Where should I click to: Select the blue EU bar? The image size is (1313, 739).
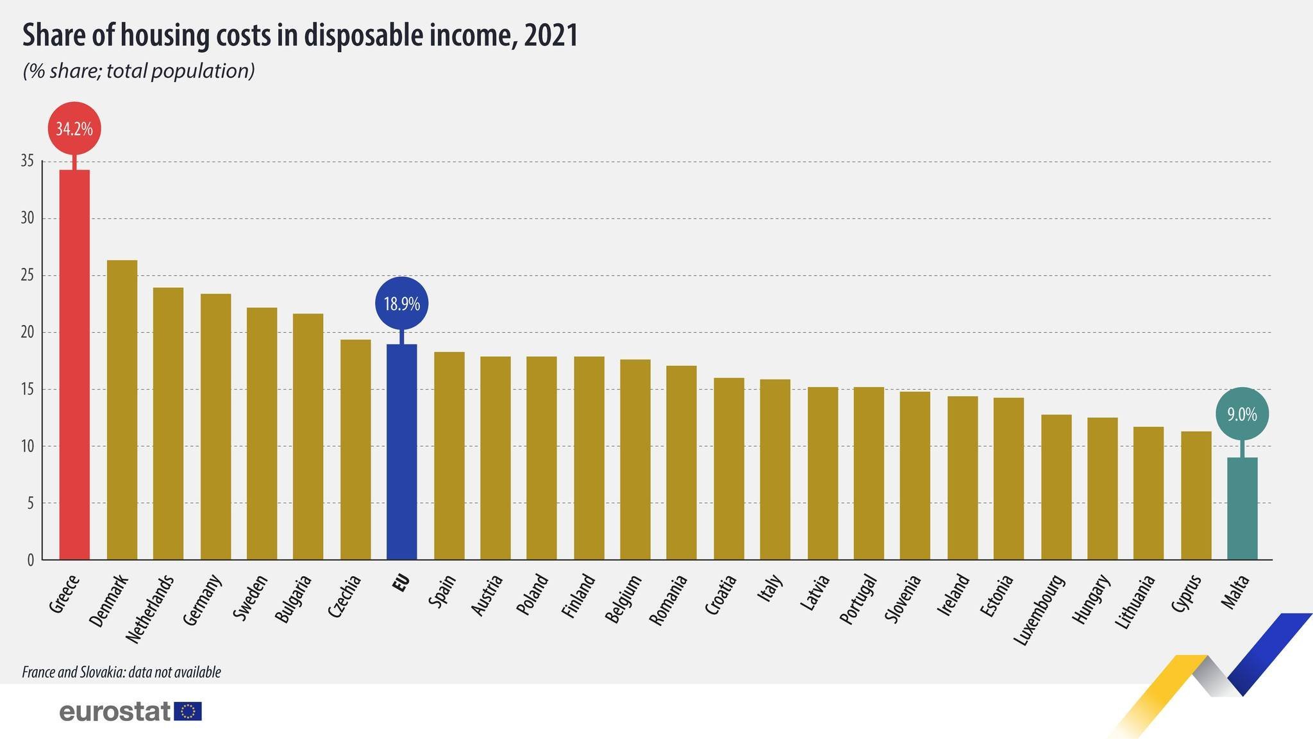point(402,452)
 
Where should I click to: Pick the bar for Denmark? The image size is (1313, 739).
point(122,410)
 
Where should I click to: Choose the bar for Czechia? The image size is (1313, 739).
point(355,449)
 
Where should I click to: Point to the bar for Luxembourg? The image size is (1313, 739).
point(1056,487)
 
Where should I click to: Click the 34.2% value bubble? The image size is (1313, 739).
point(74,129)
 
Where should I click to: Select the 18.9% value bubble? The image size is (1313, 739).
point(402,303)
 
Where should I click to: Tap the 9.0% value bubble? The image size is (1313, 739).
point(1242,415)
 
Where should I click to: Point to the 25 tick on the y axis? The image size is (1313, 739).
point(27,276)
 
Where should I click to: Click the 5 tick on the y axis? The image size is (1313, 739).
point(30,503)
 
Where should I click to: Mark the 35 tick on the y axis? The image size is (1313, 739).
point(27,162)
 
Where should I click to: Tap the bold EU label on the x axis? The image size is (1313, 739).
point(401,585)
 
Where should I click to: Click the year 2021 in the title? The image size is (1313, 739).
point(551,36)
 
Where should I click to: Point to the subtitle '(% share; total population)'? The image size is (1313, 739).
point(138,71)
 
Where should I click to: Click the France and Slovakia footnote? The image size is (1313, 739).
point(121,672)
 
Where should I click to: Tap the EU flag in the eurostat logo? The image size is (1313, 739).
point(188,711)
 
